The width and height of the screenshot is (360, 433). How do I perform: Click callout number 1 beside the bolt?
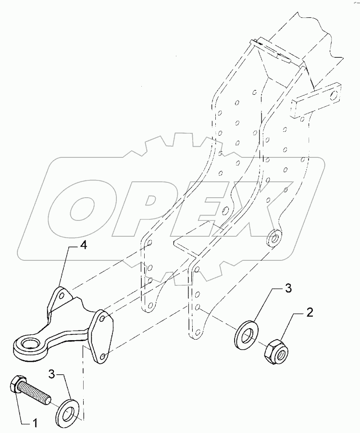pos(34,423)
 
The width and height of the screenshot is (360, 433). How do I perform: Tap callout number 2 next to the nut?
pos(310,313)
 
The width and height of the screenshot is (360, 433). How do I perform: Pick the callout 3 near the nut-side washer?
pos(288,289)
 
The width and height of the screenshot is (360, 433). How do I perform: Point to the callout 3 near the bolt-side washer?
pos(51,374)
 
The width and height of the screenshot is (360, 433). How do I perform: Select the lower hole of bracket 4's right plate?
pos(104,357)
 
